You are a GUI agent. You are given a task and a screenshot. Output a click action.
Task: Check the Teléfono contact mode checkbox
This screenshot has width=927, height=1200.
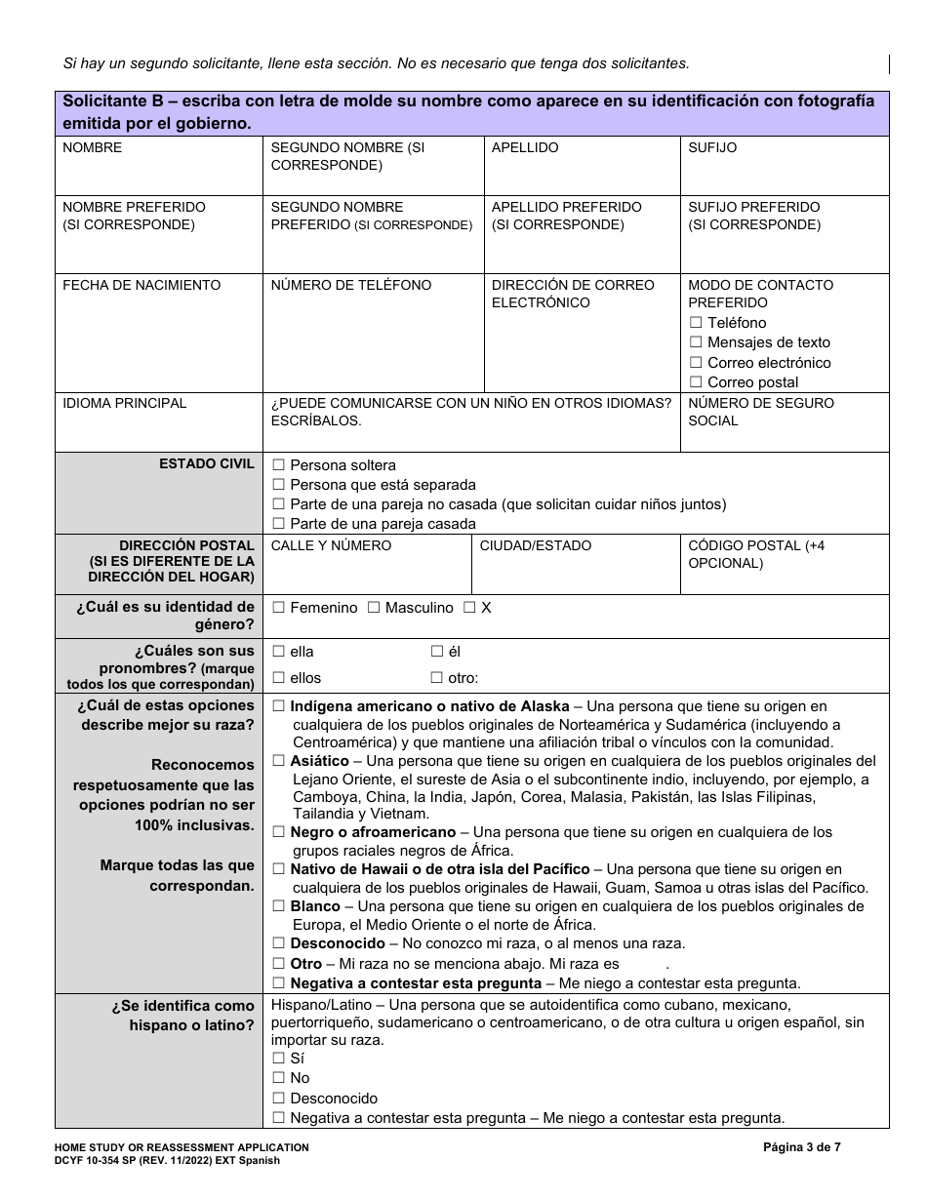point(696,323)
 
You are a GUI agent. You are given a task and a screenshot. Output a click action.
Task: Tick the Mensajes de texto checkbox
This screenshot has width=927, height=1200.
point(696,342)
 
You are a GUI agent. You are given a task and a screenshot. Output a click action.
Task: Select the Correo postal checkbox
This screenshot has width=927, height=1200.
point(696,382)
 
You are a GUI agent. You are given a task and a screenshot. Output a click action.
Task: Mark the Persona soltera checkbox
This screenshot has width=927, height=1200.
point(279,465)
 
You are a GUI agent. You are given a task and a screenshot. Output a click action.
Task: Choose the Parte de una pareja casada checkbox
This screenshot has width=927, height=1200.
point(279,524)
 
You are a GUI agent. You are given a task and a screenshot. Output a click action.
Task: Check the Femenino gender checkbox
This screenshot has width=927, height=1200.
point(279,608)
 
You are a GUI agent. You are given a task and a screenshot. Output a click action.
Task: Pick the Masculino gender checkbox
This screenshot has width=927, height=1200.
point(374,608)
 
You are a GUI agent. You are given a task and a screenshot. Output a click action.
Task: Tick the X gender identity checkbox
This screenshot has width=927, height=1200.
point(469,608)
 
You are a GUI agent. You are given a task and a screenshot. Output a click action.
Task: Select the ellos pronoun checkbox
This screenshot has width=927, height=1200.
point(279,678)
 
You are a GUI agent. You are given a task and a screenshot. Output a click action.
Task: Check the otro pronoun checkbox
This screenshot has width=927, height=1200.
point(437,678)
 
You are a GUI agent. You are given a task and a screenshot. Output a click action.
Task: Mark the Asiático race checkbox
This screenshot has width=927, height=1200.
point(279,761)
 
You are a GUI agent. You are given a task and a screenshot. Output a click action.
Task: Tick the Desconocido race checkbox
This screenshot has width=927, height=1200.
point(279,943)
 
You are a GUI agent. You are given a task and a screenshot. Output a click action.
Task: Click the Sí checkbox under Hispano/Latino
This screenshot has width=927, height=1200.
point(279,1059)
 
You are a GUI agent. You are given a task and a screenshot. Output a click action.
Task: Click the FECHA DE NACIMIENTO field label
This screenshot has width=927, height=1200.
point(141,285)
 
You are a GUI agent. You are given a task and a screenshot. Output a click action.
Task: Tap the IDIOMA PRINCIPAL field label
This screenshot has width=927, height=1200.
point(124,403)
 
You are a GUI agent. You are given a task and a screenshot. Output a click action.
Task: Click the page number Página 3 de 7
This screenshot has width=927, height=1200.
point(801,1147)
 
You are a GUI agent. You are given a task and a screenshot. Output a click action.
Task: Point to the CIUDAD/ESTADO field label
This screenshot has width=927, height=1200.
point(535,545)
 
